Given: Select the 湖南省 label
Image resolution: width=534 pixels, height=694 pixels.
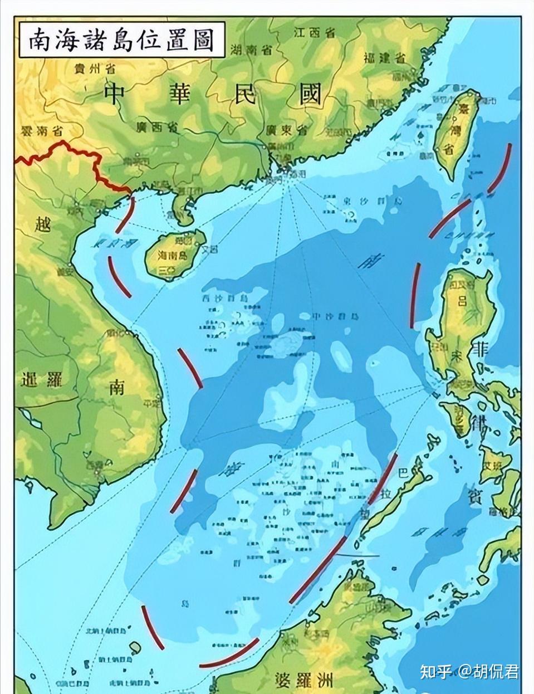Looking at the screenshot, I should click(251, 50).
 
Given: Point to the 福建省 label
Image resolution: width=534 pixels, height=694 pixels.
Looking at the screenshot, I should click(384, 57).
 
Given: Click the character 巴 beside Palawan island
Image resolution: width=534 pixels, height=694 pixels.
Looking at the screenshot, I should click(403, 473).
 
